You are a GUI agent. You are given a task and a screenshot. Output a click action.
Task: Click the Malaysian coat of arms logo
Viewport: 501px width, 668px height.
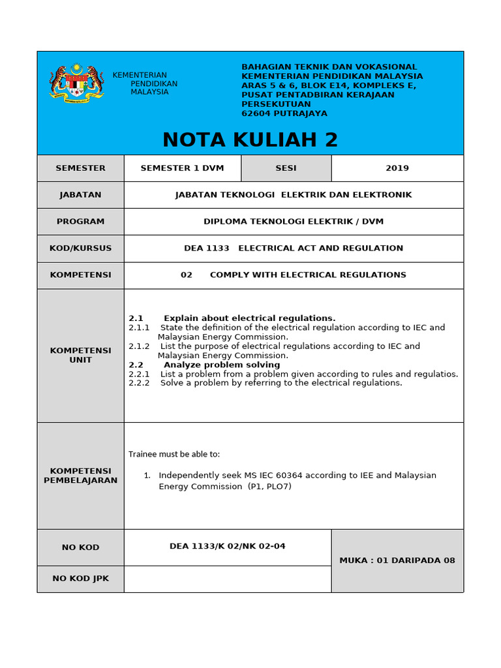[76, 83]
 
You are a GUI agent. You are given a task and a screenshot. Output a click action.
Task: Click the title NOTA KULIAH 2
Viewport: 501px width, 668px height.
[250, 140]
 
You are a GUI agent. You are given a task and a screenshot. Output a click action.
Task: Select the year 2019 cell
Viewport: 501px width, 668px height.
[397, 168]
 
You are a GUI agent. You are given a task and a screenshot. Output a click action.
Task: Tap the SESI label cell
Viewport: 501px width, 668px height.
[286, 168]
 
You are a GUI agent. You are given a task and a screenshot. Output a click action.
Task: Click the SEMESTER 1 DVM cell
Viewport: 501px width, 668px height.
[182, 168]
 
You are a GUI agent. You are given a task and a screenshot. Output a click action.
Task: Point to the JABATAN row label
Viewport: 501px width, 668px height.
[80, 195]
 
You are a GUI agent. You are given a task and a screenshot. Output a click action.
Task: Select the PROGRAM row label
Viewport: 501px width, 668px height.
[80, 222]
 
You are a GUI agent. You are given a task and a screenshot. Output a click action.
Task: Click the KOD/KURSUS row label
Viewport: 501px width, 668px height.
[80, 249]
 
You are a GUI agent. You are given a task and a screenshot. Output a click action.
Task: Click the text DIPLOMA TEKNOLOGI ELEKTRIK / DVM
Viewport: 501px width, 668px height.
[294, 222]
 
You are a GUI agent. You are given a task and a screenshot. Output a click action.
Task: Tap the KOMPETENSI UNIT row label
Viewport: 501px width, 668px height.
[80, 356]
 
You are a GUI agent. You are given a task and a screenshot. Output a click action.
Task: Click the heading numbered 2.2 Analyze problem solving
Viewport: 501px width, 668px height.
[204, 365]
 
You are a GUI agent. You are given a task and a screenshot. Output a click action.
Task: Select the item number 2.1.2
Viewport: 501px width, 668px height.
[139, 346]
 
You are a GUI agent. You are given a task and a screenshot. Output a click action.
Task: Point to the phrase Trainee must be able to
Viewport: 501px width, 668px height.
[174, 454]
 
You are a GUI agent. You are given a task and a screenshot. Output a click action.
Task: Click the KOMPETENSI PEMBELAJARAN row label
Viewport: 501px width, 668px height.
[80, 476]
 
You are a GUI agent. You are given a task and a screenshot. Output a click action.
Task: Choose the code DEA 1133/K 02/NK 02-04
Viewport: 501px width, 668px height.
[227, 547]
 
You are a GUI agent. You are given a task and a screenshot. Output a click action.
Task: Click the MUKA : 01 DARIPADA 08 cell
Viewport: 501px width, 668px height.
[397, 560]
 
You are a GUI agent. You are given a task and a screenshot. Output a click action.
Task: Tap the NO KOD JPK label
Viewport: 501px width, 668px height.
[80, 579]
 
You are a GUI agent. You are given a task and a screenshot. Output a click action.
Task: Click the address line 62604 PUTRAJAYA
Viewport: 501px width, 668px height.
[284, 114]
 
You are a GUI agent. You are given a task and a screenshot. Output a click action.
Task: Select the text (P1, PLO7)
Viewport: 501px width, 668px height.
[269, 487]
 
